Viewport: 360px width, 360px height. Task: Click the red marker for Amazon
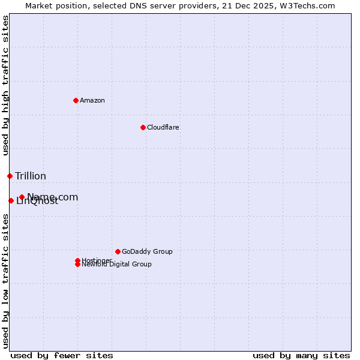(x=76, y=100)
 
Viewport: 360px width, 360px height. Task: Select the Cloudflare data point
(x=143, y=127)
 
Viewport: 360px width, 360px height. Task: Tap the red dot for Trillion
(x=10, y=176)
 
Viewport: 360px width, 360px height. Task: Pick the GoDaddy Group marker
(x=118, y=251)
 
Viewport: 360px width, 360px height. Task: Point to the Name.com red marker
(x=22, y=197)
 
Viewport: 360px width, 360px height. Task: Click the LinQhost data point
(x=11, y=200)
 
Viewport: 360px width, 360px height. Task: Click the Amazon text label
(x=92, y=100)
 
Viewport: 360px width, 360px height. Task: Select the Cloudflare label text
(x=163, y=127)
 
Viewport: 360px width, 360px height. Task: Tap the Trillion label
(x=31, y=176)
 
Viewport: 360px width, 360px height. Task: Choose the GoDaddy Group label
(x=147, y=251)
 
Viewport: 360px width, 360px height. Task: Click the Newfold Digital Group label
(x=117, y=265)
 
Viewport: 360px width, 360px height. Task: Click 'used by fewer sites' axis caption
(x=62, y=355)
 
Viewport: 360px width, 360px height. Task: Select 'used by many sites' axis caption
(x=301, y=355)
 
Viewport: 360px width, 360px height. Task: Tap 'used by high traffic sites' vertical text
(x=6, y=85)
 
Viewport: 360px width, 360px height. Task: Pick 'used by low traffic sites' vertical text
(x=6, y=281)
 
